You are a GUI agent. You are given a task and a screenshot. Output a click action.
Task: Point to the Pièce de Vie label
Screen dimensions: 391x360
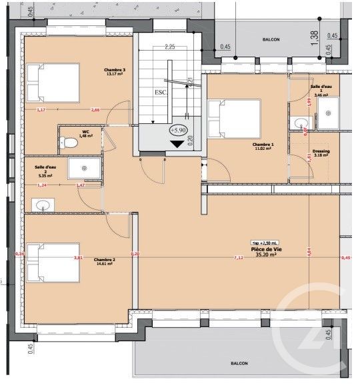pyautogui.click(x=265, y=251)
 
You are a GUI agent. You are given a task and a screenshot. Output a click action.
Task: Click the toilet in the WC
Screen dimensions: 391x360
pyautogui.click(x=69, y=142)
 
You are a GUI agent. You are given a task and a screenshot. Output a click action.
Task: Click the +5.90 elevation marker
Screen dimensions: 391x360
pyautogui.click(x=179, y=131)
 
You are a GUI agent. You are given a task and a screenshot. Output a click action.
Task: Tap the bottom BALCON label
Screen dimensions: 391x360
pyautogui.click(x=239, y=364)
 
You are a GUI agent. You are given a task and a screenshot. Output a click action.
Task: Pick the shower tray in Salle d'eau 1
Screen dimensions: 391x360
pyautogui.click(x=327, y=113)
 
